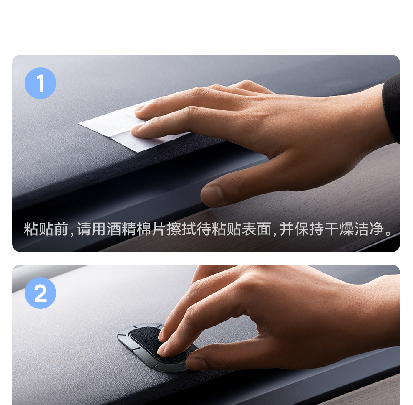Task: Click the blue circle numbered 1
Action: click(40, 83)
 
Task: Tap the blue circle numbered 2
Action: click(40, 293)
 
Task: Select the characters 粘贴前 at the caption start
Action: click(46, 229)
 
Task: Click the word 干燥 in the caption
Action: click(339, 229)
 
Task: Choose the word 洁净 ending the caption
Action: click(369, 229)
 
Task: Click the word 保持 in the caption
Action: click(309, 229)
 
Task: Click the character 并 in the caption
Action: click(287, 229)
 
